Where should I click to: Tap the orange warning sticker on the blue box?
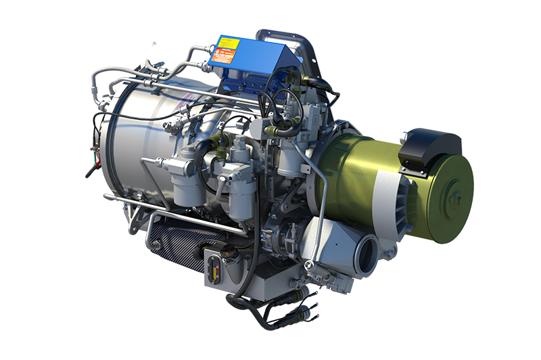coord(222,57)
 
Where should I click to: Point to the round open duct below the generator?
coord(368,255)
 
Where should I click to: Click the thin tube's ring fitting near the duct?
coord(308,263)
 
